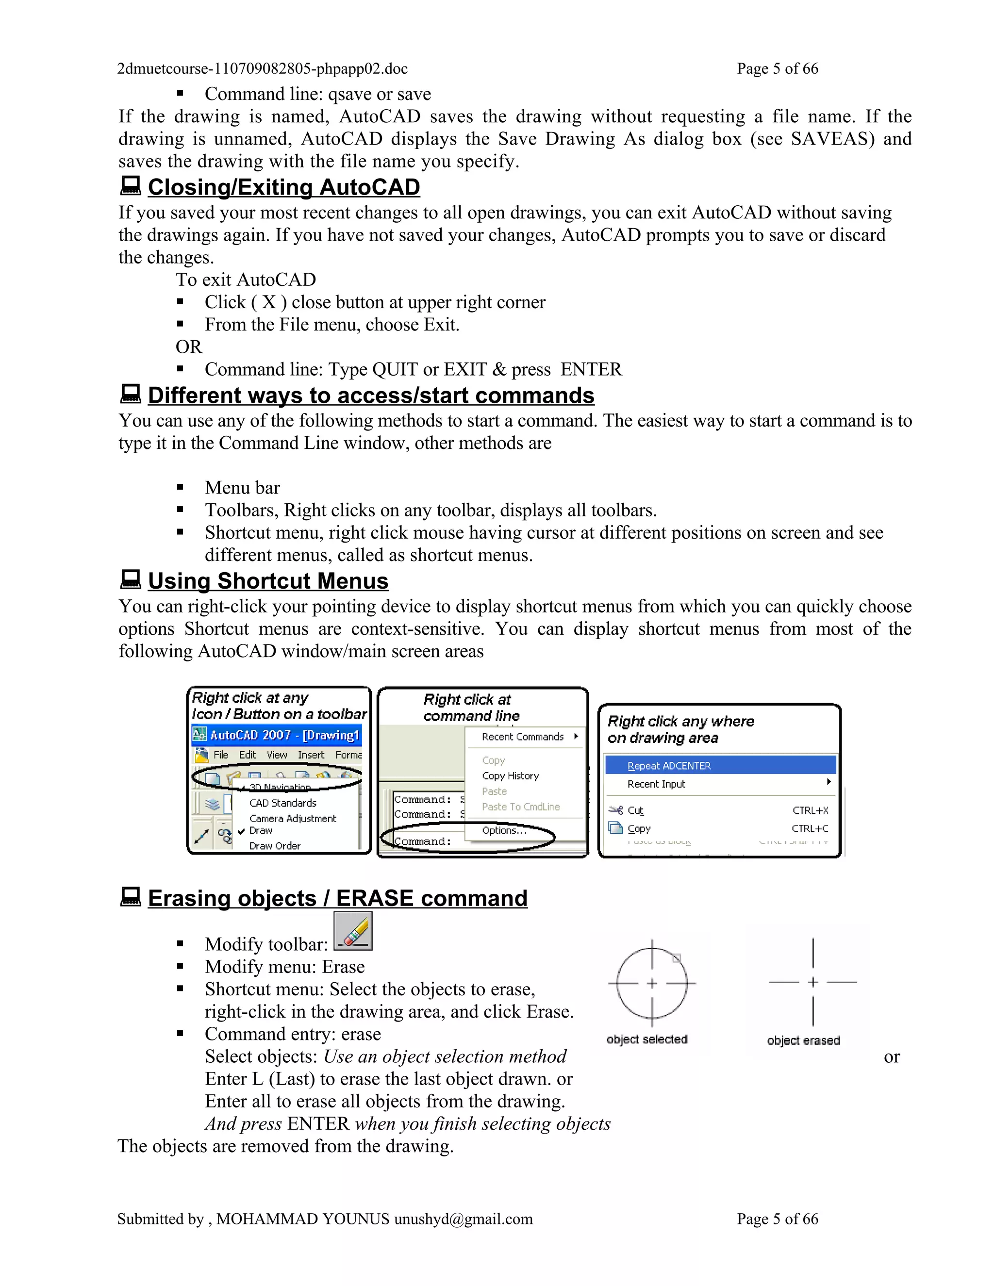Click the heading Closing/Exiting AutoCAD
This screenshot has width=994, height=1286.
(283, 187)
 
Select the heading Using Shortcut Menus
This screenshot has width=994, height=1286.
(268, 581)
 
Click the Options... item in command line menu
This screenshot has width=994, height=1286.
(503, 830)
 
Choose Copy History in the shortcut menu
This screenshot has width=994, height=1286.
(510, 776)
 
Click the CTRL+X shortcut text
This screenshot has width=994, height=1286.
(810, 810)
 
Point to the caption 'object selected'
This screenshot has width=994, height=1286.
(646, 1039)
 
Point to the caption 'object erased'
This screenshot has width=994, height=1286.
(803, 1040)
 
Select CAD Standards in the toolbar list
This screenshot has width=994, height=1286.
(282, 803)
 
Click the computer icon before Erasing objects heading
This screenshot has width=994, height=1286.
(130, 897)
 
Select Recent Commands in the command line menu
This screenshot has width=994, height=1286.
(522, 737)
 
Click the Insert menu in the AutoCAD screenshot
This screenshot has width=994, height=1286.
(311, 755)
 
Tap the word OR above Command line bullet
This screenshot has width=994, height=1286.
(188, 347)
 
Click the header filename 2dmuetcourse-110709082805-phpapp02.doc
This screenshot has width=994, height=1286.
(262, 69)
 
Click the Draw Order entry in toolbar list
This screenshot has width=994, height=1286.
(274, 845)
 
